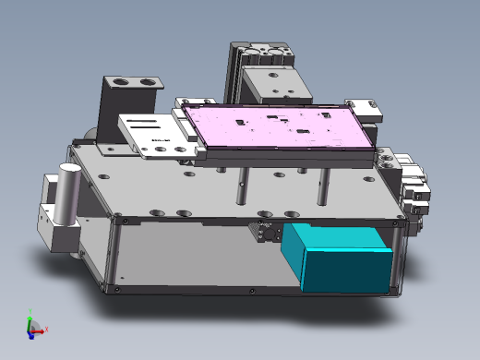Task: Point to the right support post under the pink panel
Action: (323, 185)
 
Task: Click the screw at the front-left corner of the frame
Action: (118, 291)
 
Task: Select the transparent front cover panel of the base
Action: (203, 258)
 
